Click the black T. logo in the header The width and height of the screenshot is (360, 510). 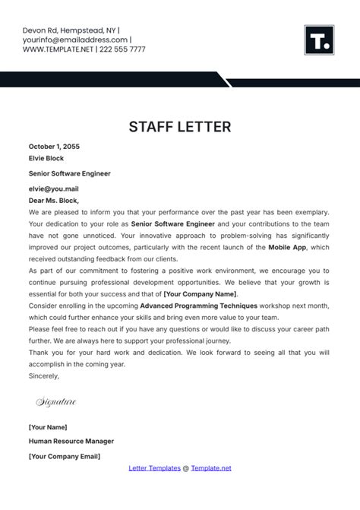319,40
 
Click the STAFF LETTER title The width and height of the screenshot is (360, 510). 180,125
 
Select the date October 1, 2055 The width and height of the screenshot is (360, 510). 54,146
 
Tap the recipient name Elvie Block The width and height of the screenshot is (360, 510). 46,158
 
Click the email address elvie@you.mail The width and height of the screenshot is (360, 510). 54,188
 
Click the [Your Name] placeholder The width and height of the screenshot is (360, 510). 48,426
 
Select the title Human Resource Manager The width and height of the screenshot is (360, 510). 71,441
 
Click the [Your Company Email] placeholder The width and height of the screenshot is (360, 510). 65,456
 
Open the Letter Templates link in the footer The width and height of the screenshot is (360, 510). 155,468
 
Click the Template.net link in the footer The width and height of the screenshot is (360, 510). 211,468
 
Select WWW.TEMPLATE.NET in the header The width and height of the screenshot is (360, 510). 58,49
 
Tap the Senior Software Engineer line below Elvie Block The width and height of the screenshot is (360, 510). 70,173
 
